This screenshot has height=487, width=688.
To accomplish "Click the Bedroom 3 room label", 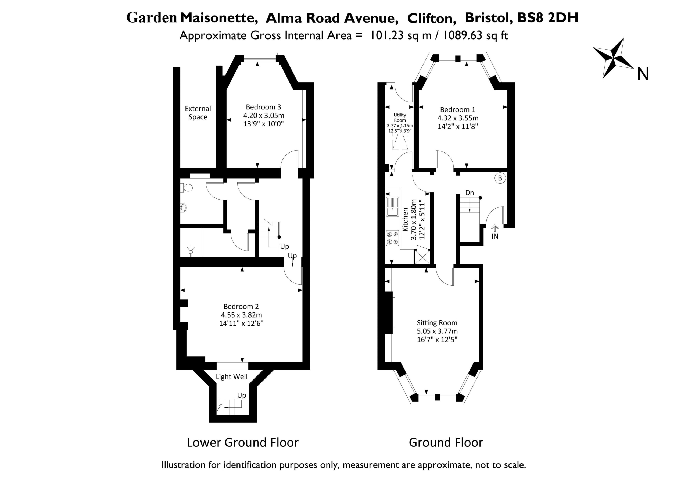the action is pyautogui.click(x=263, y=107).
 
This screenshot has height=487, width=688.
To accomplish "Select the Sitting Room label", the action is pyautogui.click(x=437, y=323).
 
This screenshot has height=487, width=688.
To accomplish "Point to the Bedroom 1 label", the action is pyautogui.click(x=458, y=110).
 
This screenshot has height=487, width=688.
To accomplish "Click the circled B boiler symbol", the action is pyautogui.click(x=500, y=178).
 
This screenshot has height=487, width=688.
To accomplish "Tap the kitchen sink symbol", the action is pyautogui.click(x=393, y=207).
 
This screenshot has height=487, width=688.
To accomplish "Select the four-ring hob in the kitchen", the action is pyautogui.click(x=392, y=238).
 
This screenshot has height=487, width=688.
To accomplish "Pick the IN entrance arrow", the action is pyautogui.click(x=495, y=228).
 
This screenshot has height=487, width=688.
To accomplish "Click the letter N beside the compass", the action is pyautogui.click(x=643, y=74).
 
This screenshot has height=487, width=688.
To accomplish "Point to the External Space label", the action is pyautogui.click(x=198, y=113).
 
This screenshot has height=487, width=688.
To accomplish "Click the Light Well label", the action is pyautogui.click(x=232, y=377).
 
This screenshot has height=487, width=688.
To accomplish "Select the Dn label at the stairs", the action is pyautogui.click(x=470, y=193).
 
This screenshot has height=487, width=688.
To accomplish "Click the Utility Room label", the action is pyautogui.click(x=400, y=118).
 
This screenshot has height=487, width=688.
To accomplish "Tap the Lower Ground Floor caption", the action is pyautogui.click(x=243, y=443).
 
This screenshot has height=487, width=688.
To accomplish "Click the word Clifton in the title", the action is pyautogui.click(x=432, y=18).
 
